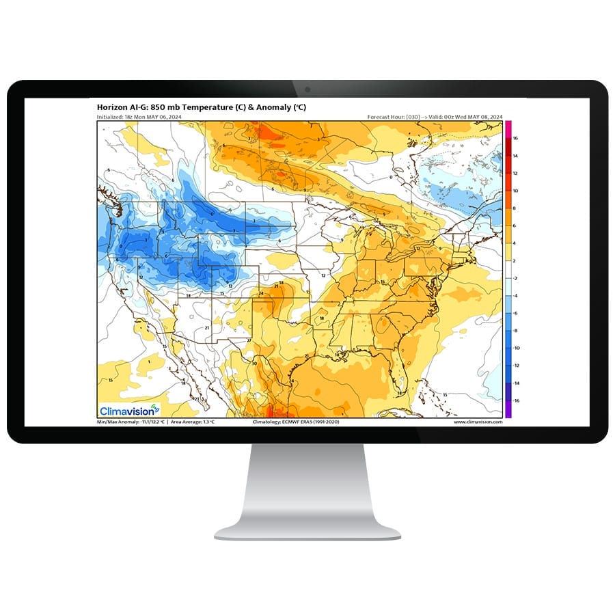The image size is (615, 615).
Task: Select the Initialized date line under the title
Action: [x=140, y=118]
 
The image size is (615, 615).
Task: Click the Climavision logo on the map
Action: [x=129, y=411]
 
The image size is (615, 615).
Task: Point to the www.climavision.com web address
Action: [x=478, y=422]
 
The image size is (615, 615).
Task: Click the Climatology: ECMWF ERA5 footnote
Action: [x=296, y=422]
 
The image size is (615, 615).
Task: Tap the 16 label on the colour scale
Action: [x=515, y=138]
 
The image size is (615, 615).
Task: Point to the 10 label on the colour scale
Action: [x=515, y=191]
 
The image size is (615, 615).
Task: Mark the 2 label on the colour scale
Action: [x=515, y=260]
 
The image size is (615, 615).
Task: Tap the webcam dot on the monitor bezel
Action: [x=307, y=90]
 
